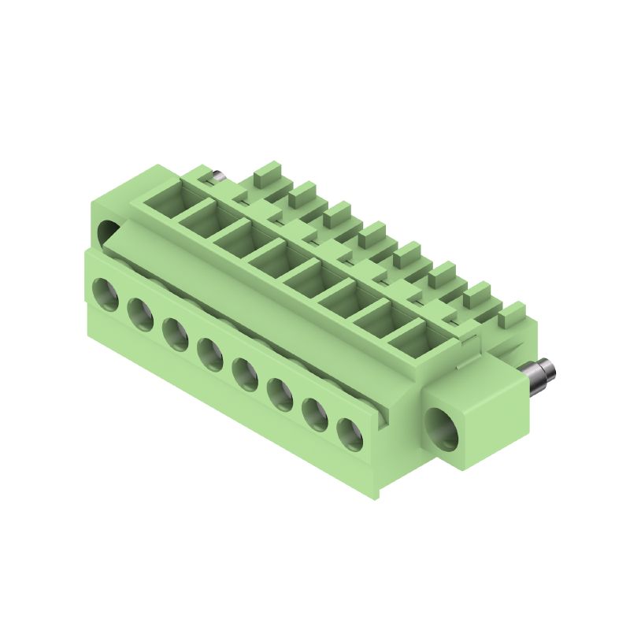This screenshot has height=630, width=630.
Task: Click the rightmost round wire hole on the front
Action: point(350,433)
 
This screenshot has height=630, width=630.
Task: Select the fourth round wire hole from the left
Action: point(210,354)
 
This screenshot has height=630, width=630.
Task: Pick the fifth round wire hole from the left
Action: point(245,373)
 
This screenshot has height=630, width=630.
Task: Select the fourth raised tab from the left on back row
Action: point(372,232)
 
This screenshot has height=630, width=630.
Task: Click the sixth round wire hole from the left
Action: point(280,393)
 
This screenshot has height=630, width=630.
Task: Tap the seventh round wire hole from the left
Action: point(315,413)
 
